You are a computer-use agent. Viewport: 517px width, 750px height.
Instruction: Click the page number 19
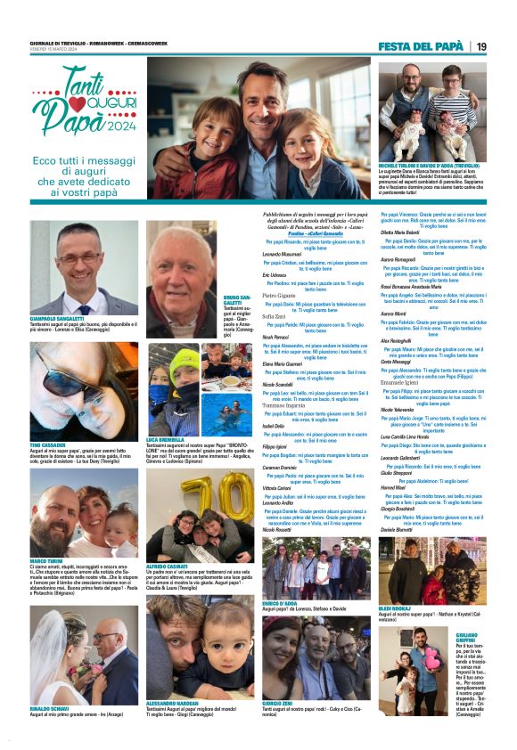[x=481, y=46]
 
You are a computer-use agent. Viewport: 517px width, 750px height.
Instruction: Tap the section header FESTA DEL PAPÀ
[x=420, y=46]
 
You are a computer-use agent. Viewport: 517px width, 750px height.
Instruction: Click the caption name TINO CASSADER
[x=45, y=443]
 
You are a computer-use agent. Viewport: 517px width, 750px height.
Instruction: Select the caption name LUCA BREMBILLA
[x=164, y=440]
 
